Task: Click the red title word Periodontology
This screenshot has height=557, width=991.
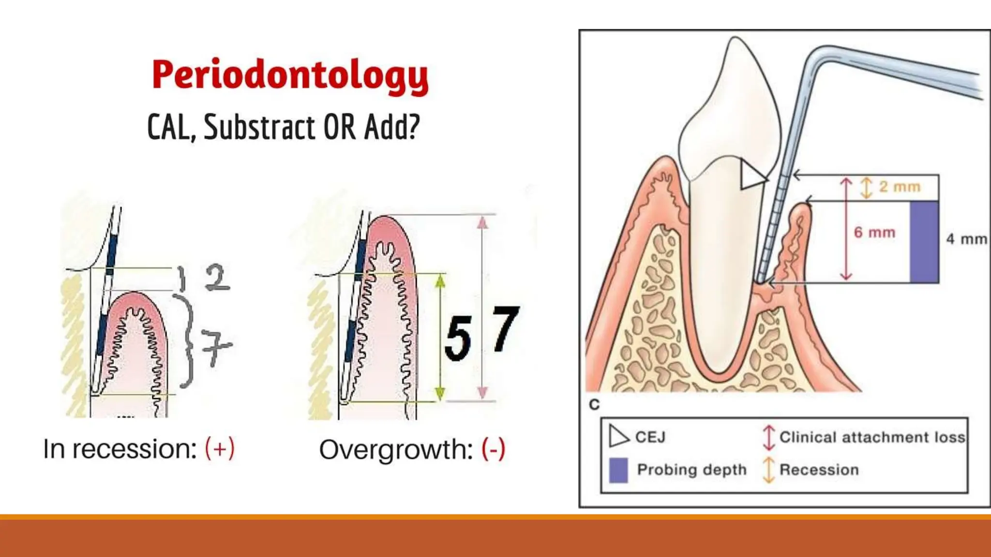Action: pyautogui.click(x=290, y=75)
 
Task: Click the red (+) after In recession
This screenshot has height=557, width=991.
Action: pyautogui.click(x=220, y=448)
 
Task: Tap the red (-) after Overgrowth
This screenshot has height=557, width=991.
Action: pyautogui.click(x=494, y=449)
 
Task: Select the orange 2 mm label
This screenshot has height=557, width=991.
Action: pyautogui.click(x=899, y=187)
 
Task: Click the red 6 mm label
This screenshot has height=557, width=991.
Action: pyautogui.click(x=874, y=233)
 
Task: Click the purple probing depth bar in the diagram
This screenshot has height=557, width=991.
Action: pyautogui.click(x=924, y=242)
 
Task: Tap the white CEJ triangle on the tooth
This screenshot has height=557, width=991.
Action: pyautogui.click(x=751, y=175)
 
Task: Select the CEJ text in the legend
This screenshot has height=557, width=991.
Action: pyautogui.click(x=650, y=437)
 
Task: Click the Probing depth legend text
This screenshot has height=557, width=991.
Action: pyautogui.click(x=691, y=469)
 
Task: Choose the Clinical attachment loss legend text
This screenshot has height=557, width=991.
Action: pyautogui.click(x=872, y=437)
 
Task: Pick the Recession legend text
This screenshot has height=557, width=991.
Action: pyautogui.click(x=819, y=469)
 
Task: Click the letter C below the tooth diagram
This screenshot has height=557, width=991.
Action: pyautogui.click(x=595, y=404)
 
